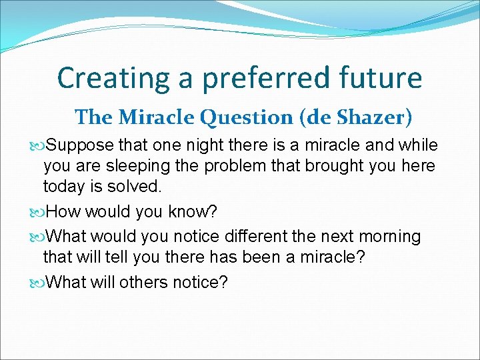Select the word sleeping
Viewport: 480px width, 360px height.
(158, 166)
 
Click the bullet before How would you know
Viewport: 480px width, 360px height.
(38, 212)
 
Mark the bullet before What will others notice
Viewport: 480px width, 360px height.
(38, 283)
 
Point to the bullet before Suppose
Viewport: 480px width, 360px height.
(38, 146)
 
